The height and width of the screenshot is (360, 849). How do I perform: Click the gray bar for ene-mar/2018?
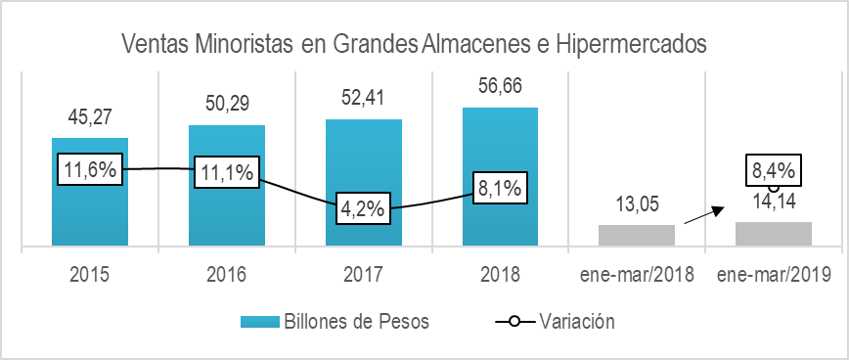coord(637,235)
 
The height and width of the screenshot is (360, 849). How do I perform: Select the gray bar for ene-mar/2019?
coord(774,234)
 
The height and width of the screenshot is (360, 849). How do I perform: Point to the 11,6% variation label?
coord(90,169)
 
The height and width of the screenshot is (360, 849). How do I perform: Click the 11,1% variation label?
coord(227,172)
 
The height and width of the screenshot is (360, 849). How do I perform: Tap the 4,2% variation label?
coord(364,208)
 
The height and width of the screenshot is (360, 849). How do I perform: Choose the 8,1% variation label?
coord(501,186)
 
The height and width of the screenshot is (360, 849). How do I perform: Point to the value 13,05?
coord(637,205)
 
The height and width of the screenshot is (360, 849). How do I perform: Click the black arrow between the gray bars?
coord(704,215)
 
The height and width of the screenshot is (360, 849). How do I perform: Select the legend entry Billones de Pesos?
coord(332,320)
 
